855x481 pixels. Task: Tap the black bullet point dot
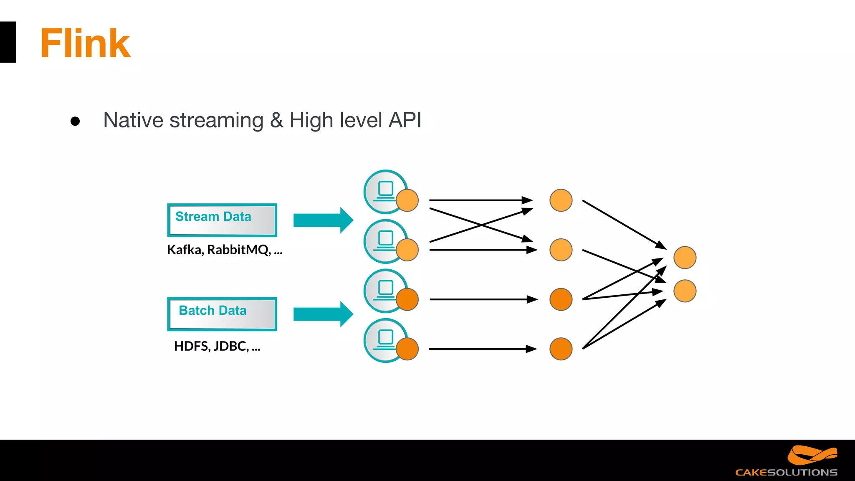point(75,121)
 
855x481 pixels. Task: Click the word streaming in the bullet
point(216,121)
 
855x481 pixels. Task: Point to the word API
point(405,120)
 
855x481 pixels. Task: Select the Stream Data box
point(222,220)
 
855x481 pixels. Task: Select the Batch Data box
point(222,314)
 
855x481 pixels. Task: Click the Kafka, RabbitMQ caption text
point(225,250)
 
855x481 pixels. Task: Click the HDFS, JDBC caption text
point(217,346)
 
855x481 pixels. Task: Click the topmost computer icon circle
point(385,191)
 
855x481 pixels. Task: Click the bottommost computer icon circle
point(385,340)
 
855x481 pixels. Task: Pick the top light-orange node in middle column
point(561,200)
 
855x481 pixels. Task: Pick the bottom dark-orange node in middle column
point(561,349)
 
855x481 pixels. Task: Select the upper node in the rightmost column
point(685,258)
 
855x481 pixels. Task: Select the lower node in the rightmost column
point(685,291)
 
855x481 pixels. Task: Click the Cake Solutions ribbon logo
point(812,455)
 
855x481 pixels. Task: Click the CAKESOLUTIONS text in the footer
point(786,473)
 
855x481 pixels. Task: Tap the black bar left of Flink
point(8,42)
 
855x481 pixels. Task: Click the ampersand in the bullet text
point(276,121)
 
